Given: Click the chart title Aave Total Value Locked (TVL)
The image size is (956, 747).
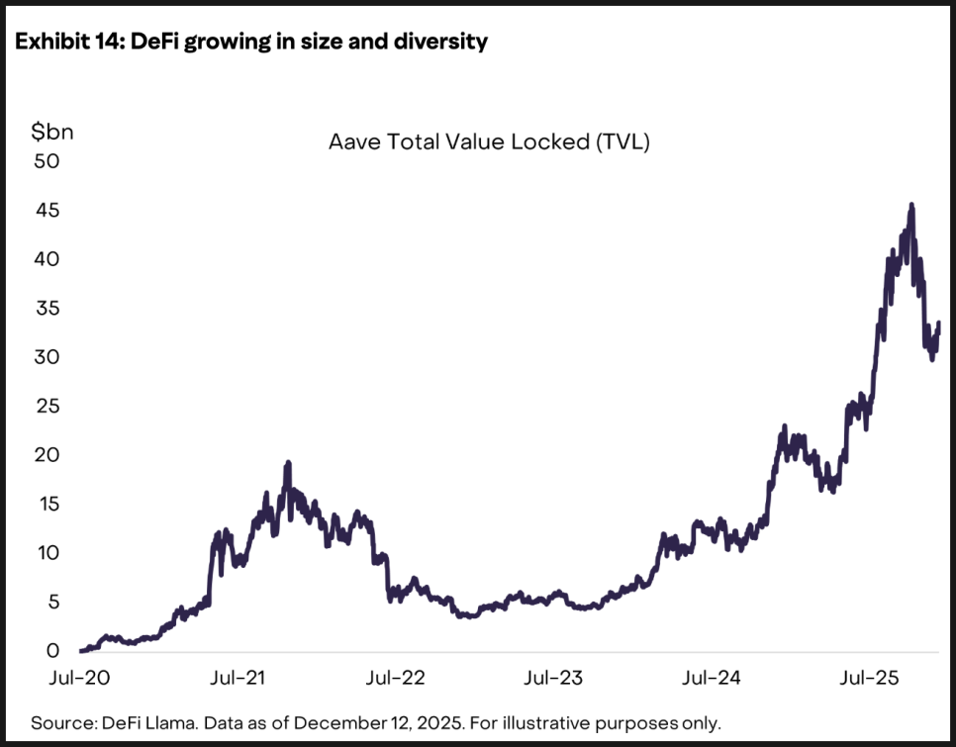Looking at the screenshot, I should [x=489, y=142].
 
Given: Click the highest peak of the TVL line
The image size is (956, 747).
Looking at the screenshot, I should [x=910, y=205].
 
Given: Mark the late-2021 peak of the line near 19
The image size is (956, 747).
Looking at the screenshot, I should [x=288, y=462].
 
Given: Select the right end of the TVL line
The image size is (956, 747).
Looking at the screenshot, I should [x=938, y=324].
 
